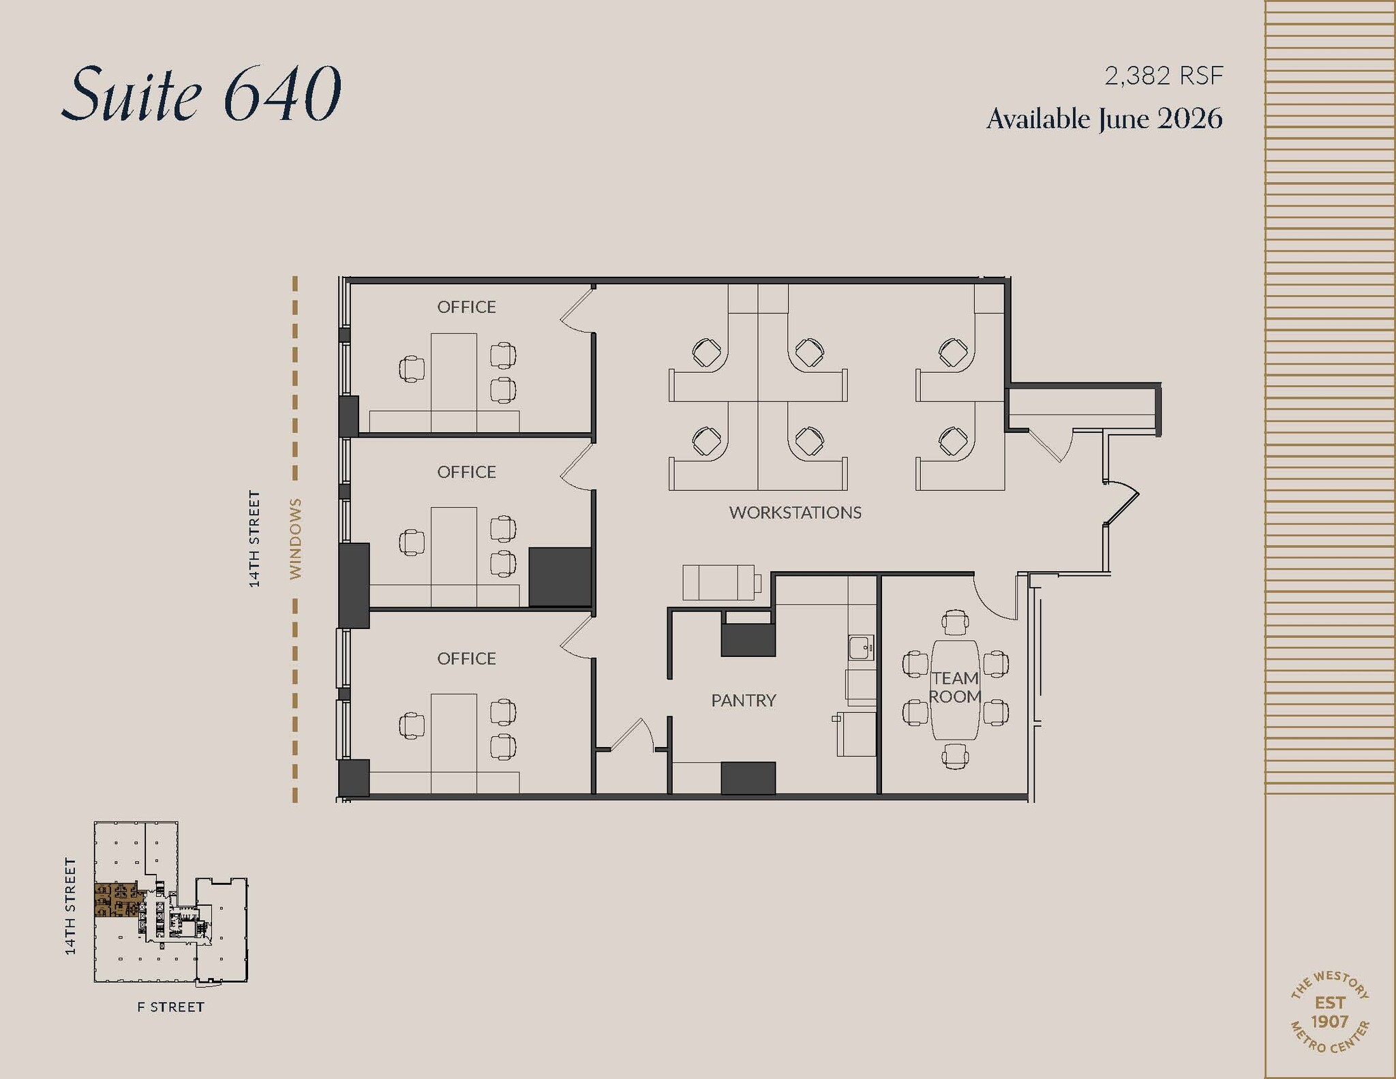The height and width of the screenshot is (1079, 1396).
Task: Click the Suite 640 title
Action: coord(201,93)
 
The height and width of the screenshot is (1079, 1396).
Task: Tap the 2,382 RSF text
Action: coord(1163,76)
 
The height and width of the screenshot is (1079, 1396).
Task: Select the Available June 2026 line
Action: coord(1104,119)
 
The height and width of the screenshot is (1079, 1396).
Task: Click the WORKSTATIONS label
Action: coord(795,513)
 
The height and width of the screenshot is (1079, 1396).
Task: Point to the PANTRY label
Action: coord(743,700)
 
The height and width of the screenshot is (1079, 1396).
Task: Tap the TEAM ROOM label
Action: coord(954,687)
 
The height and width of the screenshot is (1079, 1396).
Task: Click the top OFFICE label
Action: coord(466,307)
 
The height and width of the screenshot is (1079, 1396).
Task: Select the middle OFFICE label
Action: coord(466,472)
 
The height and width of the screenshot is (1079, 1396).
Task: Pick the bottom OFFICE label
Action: coord(466,658)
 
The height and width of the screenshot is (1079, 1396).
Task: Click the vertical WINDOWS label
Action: coord(295,538)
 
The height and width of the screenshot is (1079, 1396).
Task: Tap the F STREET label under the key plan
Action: coord(170,1007)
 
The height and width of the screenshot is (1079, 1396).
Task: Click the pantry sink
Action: coord(861,647)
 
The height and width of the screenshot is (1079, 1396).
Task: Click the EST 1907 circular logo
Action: coord(1329,1012)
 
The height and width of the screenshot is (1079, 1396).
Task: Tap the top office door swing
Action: coord(576,310)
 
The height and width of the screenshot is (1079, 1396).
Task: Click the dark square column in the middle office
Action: coord(560,577)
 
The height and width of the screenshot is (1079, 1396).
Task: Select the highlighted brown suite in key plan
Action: coord(116,900)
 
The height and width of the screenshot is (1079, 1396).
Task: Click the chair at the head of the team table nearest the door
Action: coord(954,621)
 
